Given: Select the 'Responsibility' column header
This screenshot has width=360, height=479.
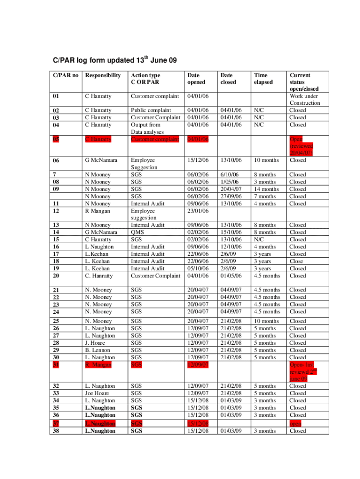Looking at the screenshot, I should click(x=102, y=75).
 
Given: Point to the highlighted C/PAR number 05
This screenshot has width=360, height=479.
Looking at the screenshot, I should click(x=56, y=139).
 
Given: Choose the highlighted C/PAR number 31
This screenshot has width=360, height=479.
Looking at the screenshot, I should click(x=56, y=364).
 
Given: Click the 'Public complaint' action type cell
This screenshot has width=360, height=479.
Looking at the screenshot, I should click(x=151, y=110).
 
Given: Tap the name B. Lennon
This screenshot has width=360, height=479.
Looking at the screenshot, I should click(x=98, y=350).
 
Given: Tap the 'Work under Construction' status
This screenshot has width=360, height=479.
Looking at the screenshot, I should click(x=305, y=99).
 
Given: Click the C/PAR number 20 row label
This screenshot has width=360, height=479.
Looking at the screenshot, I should click(x=56, y=276).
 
